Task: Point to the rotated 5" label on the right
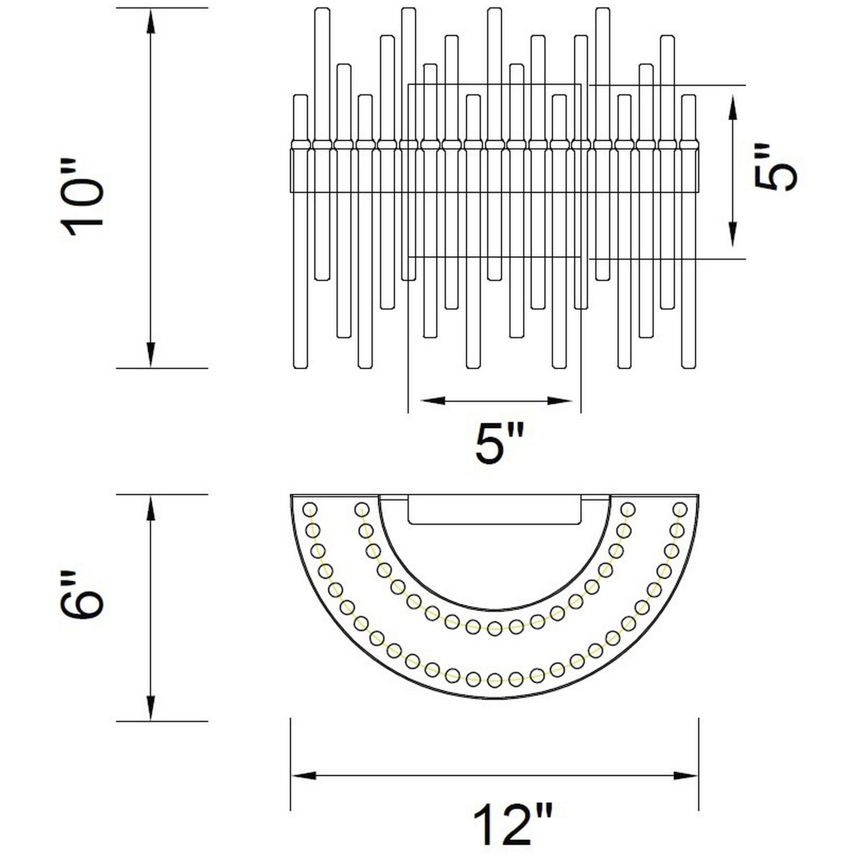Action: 775,166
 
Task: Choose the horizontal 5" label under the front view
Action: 499,443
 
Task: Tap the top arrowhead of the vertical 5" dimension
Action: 733,106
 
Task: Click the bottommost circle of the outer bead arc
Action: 495,680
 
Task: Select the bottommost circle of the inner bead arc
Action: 495,628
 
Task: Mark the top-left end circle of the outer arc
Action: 310,509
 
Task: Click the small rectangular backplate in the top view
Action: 495,510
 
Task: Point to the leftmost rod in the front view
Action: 300,233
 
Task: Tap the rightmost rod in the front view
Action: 689,233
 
